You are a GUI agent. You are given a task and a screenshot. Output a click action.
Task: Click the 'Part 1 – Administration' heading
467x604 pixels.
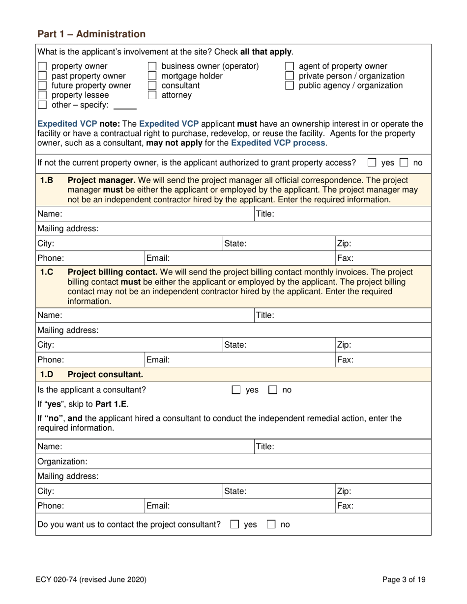pyautogui.click(x=91, y=34)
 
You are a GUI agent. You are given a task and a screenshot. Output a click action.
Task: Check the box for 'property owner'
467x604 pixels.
pyautogui.click(x=43, y=67)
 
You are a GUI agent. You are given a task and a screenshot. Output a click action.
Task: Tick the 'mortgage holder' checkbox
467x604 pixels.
pyautogui.click(x=152, y=76)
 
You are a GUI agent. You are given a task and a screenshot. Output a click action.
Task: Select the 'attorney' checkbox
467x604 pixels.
pyautogui.click(x=152, y=95)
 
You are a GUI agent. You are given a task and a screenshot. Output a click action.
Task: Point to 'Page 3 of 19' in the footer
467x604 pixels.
pyautogui.click(x=404, y=579)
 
